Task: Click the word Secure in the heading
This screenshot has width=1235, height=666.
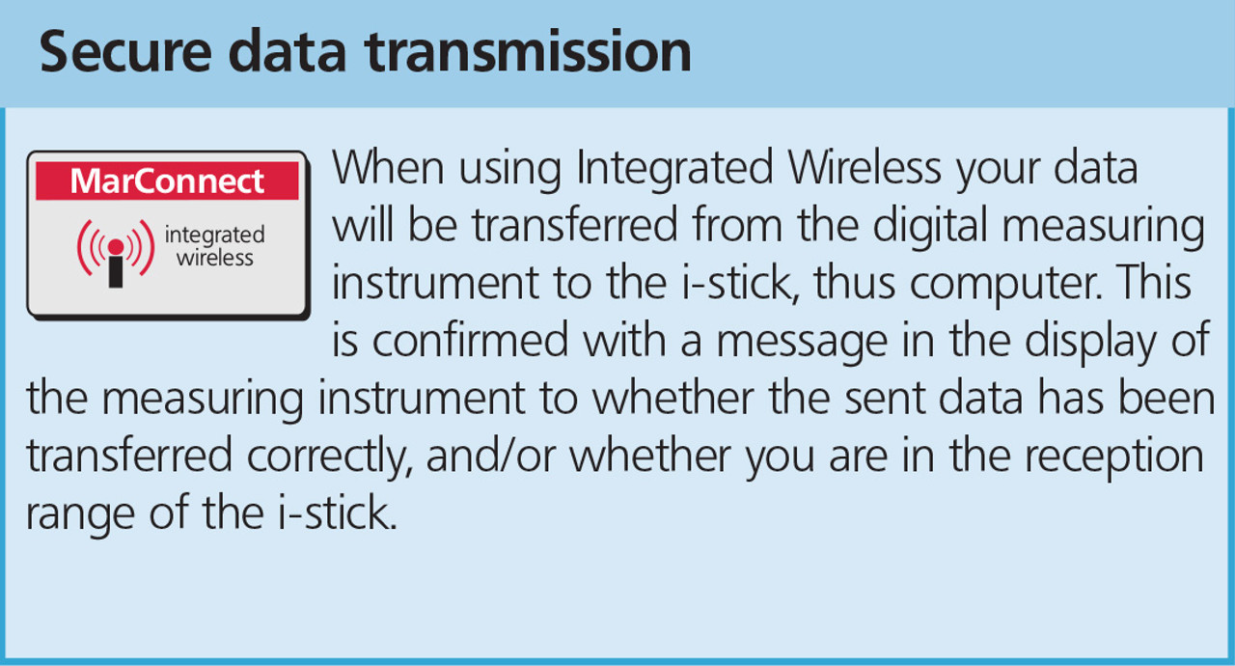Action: pyautogui.click(x=125, y=51)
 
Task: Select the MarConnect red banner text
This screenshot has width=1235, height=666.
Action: pyautogui.click(x=167, y=180)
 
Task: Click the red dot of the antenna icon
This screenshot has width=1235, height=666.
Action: pyautogui.click(x=116, y=246)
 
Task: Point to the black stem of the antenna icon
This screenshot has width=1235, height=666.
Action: pyautogui.click(x=116, y=272)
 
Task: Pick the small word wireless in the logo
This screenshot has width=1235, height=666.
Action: pyautogui.click(x=215, y=258)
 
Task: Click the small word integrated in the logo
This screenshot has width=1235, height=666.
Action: pyautogui.click(x=214, y=236)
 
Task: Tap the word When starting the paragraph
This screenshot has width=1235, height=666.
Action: pyautogui.click(x=388, y=167)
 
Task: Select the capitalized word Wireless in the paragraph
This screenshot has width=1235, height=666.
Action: pyautogui.click(x=864, y=167)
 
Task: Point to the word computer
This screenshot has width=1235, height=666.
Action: pyautogui.click(x=1005, y=284)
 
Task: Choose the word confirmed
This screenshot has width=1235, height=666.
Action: pyautogui.click(x=470, y=340)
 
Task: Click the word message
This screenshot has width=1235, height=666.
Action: pyautogui.click(x=802, y=343)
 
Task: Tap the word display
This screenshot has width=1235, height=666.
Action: pyautogui.click(x=1090, y=342)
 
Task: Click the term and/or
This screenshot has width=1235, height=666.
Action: pyautogui.click(x=491, y=456)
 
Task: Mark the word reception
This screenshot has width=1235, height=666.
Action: pyautogui.click(x=1114, y=458)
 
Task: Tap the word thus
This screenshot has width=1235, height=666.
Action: pyautogui.click(x=855, y=282)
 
